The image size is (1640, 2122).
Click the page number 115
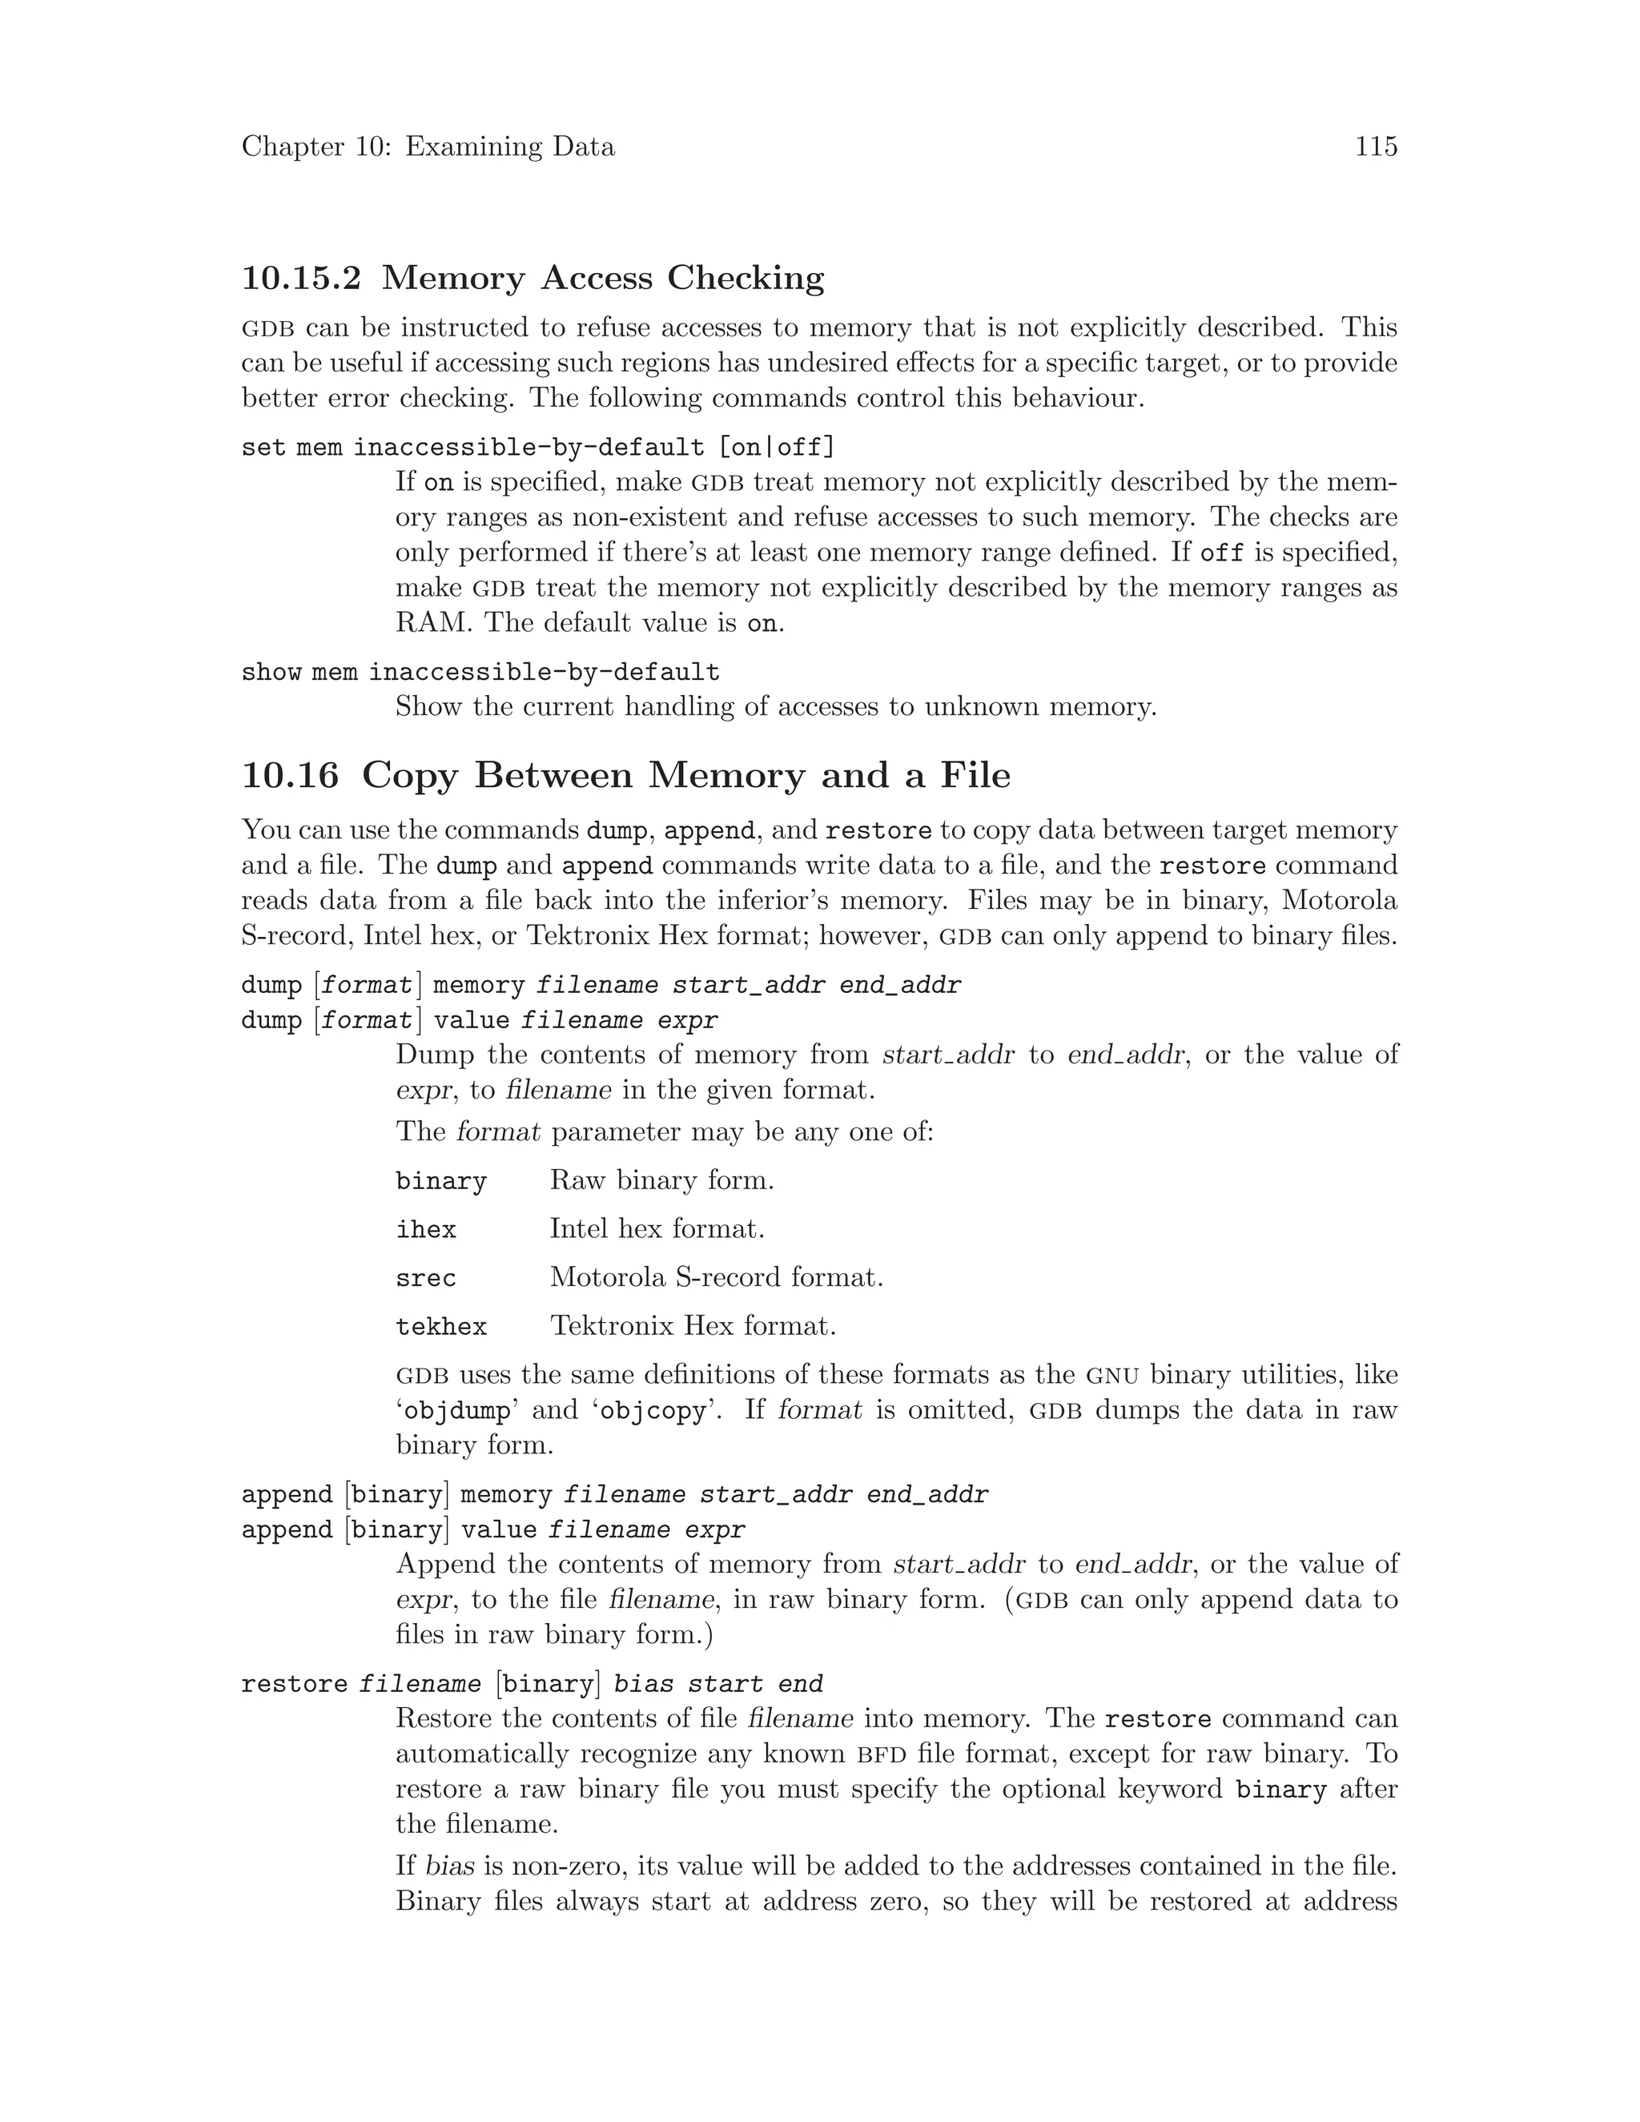pyautogui.click(x=1376, y=147)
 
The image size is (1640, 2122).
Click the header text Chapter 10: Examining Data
pyautogui.click(x=428, y=147)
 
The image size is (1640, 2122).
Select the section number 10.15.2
pyautogui.click(x=301, y=279)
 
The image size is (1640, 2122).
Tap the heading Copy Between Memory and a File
pyautogui.click(x=686, y=775)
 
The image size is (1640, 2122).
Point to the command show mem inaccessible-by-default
pyautogui.click(x=480, y=673)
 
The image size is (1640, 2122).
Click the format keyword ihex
pyautogui.click(x=425, y=1230)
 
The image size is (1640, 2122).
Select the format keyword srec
pyautogui.click(x=425, y=1279)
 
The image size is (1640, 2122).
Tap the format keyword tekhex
pyautogui.click(x=441, y=1327)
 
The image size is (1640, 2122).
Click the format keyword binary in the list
pyautogui.click(x=441, y=1181)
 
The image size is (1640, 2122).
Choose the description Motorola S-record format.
pyautogui.click(x=716, y=1278)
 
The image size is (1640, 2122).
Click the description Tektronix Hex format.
pyautogui.click(x=693, y=1326)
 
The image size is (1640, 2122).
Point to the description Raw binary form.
pyautogui.click(x=661, y=1180)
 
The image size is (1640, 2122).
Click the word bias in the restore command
pyautogui.click(x=644, y=1684)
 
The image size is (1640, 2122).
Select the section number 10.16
pyautogui.click(x=291, y=775)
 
